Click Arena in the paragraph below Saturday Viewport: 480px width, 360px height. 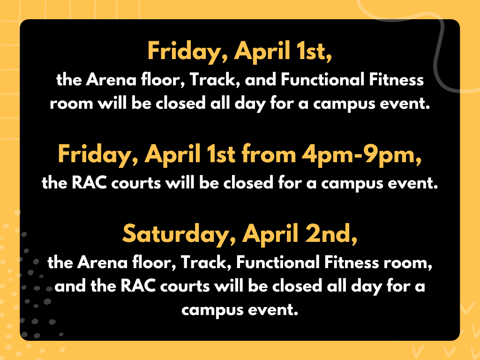pos(102,262)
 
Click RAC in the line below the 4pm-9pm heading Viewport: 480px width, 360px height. pos(89,183)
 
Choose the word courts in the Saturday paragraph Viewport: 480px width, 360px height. pos(185,286)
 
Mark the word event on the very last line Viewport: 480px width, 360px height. pos(273,309)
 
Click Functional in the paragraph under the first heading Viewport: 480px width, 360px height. pos(322,80)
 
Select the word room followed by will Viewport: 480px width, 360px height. pos(72,104)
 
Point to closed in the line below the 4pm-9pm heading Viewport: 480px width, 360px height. pos(248,183)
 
